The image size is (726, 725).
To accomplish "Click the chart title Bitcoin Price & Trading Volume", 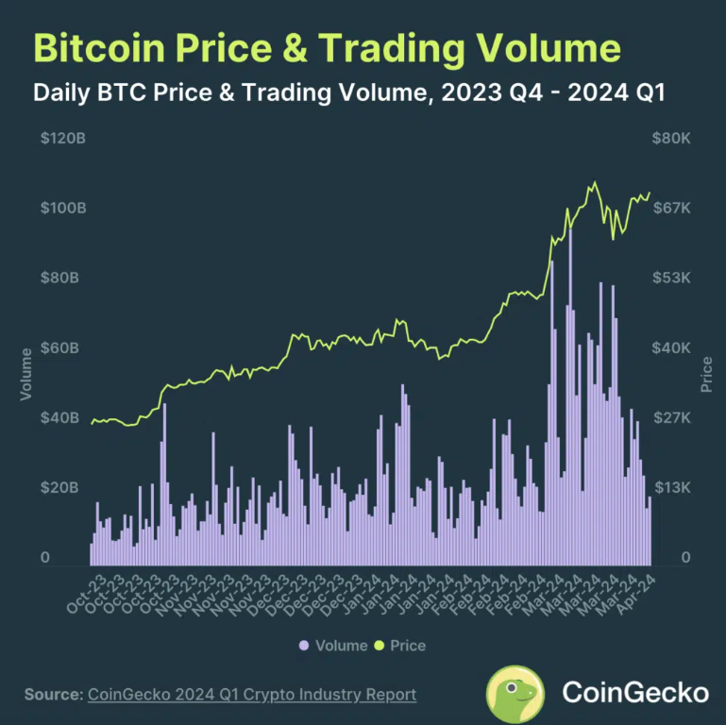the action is tap(327, 48).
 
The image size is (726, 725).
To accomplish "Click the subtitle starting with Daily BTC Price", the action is tap(349, 93).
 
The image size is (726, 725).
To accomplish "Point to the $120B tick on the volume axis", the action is tap(63, 138).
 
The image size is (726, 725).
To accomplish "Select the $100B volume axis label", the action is tap(63, 208).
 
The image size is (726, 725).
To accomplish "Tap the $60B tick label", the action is tap(59, 347).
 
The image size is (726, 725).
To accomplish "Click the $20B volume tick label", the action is tap(59, 487).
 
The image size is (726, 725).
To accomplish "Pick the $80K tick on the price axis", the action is tap(671, 138).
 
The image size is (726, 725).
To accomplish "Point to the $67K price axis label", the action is tap(671, 208).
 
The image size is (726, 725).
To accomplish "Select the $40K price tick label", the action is tap(671, 347).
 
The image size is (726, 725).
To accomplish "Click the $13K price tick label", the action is tap(672, 487).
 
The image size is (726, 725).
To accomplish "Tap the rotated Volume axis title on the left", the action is tap(25, 374).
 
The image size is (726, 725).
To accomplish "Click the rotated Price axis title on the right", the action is tap(706, 374).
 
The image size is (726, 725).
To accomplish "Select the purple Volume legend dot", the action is tap(304, 646).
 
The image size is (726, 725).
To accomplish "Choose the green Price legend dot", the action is tap(380, 646).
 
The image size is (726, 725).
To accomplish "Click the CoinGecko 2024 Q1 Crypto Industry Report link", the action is tap(252, 695).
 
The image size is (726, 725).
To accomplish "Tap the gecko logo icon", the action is tap(515, 694).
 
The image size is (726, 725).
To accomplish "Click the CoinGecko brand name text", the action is tap(635, 693).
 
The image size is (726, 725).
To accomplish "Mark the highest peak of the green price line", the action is tap(595, 182).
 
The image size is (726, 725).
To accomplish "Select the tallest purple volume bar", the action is tap(570, 397).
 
